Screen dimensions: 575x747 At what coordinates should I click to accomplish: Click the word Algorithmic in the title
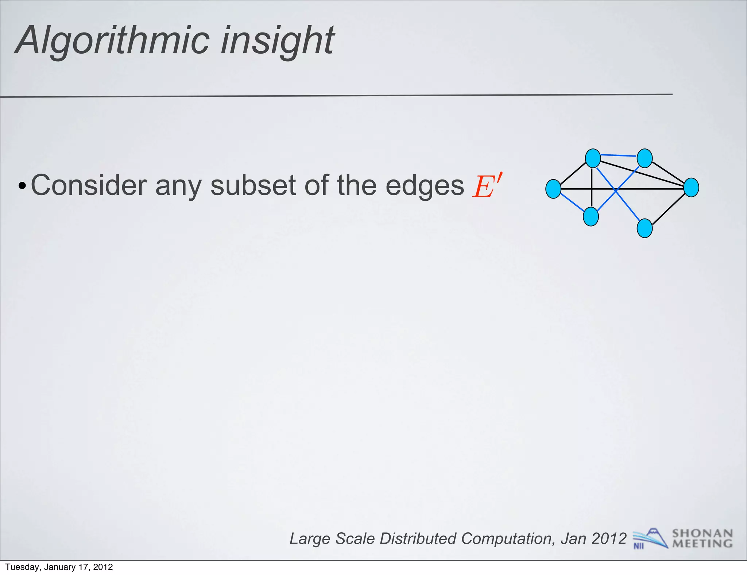click(x=113, y=41)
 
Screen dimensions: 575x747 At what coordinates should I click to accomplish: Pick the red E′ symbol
click(x=487, y=186)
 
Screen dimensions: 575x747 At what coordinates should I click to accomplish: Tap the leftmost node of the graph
click(x=553, y=189)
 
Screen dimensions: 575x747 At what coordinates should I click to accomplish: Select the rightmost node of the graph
click(x=691, y=188)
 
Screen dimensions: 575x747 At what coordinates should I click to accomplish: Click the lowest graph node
click(x=645, y=228)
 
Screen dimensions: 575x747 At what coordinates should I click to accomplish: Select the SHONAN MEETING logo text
click(x=702, y=539)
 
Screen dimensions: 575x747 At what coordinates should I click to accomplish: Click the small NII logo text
click(x=638, y=546)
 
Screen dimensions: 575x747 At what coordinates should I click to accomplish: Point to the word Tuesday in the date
click(x=22, y=567)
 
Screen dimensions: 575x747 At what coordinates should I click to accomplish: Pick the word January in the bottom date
click(x=59, y=567)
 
